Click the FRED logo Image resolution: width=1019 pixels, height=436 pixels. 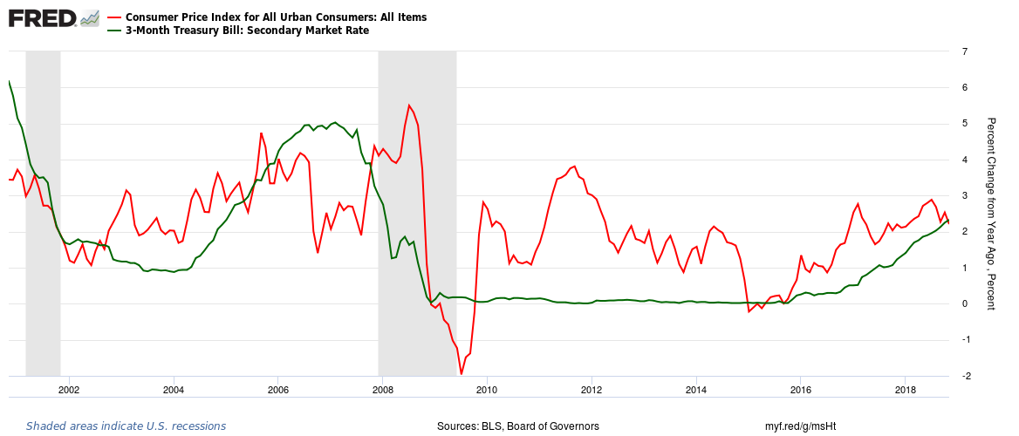tap(42, 18)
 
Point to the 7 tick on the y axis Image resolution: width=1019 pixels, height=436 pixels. tap(963, 51)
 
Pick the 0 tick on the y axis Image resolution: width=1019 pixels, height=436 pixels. tap(963, 303)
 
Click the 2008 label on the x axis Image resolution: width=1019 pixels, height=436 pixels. tap(382, 389)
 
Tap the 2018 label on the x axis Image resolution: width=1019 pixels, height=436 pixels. tap(906, 389)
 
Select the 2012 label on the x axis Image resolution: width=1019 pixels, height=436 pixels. tap(592, 389)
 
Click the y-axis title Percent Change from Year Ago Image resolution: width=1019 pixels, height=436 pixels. tap(990, 214)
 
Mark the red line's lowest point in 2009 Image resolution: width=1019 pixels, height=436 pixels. tap(462, 374)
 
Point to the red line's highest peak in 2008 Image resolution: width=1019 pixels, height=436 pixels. tap(409, 106)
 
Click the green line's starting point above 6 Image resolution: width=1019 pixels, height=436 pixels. tap(9, 81)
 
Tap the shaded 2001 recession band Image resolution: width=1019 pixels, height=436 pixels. tap(43, 218)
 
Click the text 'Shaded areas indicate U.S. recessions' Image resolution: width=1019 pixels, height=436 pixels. tap(126, 426)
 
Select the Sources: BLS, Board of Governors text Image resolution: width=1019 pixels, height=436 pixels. tap(518, 426)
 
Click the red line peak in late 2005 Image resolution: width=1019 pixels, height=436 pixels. tap(261, 133)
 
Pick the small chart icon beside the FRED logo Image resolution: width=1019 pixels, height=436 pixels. tap(89, 18)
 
